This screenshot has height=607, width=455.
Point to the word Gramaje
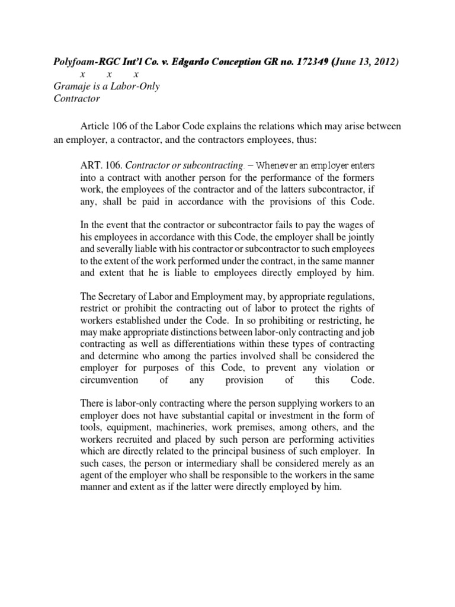(66, 87)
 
